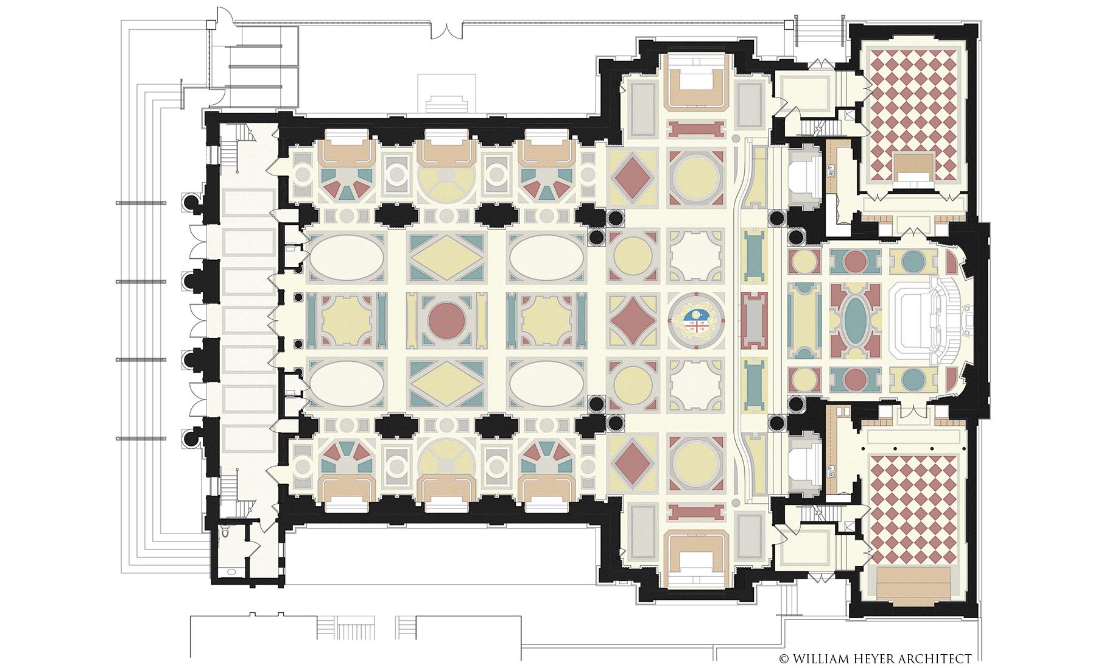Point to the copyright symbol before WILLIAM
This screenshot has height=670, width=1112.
(784, 658)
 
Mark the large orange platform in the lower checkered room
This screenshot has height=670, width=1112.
(914, 583)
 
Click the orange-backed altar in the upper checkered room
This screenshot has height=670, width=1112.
(914, 165)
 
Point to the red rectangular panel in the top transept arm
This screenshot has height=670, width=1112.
(697, 129)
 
